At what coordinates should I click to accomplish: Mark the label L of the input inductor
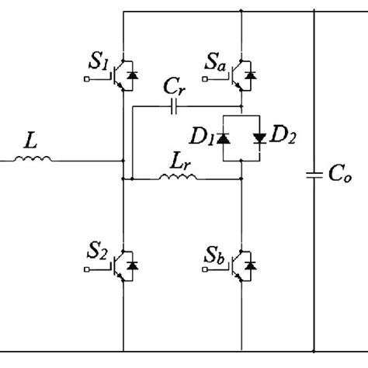click(x=30, y=143)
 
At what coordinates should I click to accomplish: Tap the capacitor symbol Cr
click(x=175, y=104)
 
